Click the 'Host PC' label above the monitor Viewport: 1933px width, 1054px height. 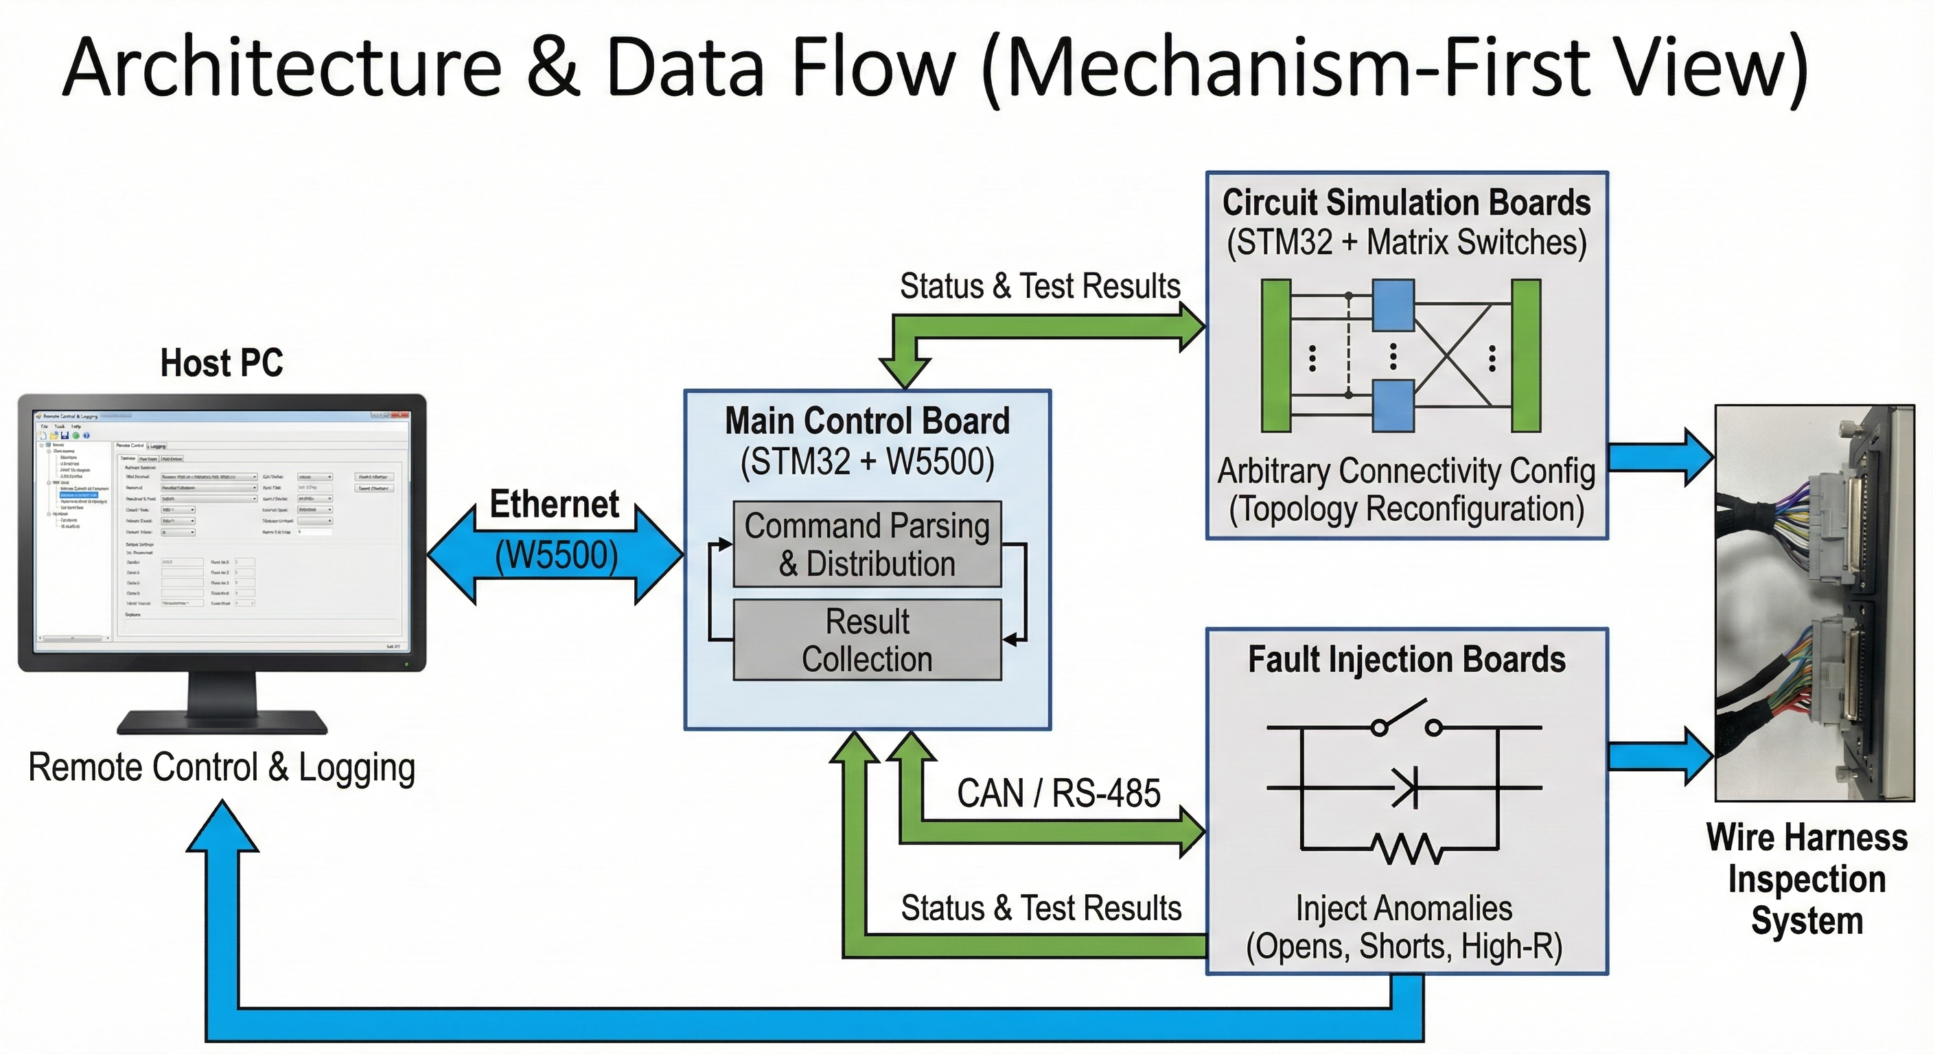(221, 363)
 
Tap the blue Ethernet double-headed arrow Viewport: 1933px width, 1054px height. (555, 555)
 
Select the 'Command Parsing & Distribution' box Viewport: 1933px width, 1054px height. (867, 545)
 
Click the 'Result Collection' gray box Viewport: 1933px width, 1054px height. (867, 640)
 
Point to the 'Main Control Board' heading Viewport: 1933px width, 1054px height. (867, 421)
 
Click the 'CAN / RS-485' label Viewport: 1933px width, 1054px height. (1058, 794)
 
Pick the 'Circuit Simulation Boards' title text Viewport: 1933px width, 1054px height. (1407, 202)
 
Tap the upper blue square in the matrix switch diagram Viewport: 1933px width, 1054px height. (1393, 305)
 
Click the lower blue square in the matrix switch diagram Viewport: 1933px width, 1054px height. (1393, 406)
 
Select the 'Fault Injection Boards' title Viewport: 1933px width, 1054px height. (1407, 659)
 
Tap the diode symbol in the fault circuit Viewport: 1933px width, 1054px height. (1406, 788)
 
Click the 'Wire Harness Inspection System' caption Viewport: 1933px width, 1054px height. (1806, 878)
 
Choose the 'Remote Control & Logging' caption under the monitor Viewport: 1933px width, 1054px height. (221, 767)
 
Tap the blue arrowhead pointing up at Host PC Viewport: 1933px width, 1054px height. (222, 829)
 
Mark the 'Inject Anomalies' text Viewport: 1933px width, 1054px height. (1403, 909)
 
